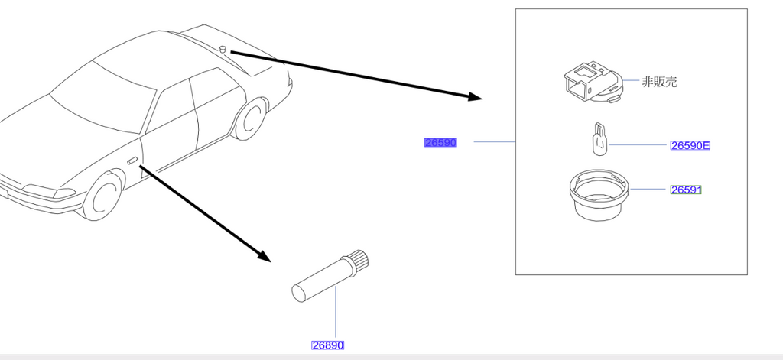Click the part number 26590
click(x=440, y=142)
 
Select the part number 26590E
click(x=690, y=145)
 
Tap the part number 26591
click(x=686, y=190)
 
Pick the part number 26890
click(x=327, y=345)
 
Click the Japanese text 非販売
click(x=659, y=82)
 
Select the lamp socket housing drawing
click(x=593, y=81)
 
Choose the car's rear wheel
click(x=251, y=118)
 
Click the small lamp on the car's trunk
click(x=223, y=49)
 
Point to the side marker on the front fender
click(x=132, y=161)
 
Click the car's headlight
click(x=49, y=191)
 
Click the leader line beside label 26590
click(x=495, y=142)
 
